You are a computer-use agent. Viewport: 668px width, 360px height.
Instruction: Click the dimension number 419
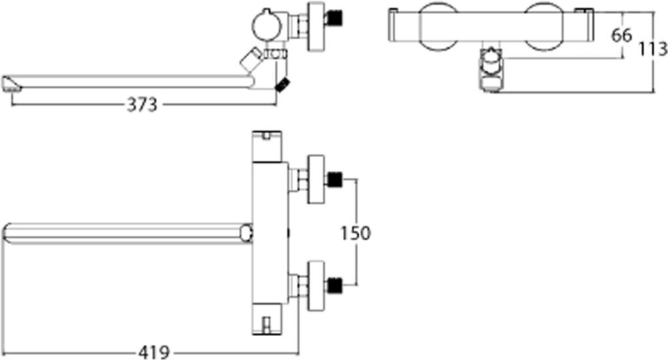(154, 353)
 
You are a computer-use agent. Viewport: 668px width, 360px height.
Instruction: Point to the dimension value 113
(654, 49)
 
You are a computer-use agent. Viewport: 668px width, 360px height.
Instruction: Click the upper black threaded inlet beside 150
(335, 178)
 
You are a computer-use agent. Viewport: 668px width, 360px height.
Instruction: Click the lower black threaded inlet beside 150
(335, 285)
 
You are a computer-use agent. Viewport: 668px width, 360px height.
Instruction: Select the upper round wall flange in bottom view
(316, 178)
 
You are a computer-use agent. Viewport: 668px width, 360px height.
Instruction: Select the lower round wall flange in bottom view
(316, 285)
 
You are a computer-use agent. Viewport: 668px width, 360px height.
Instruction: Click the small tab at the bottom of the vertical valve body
(267, 323)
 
